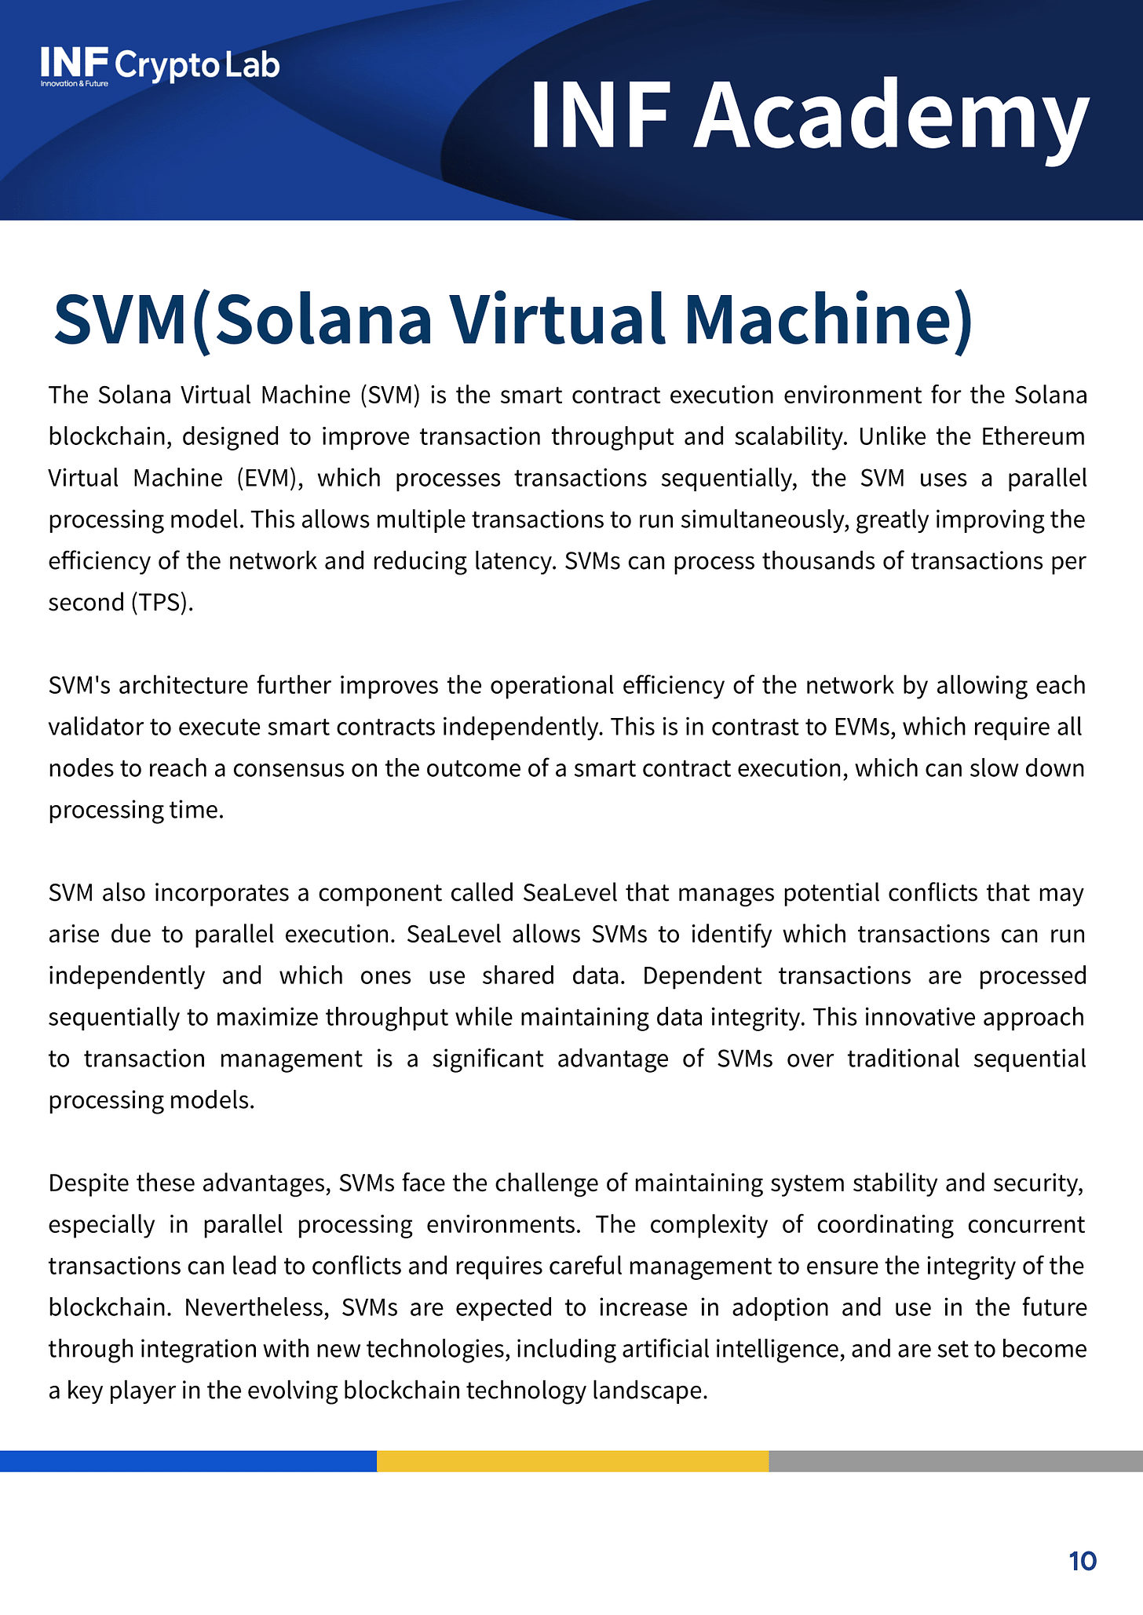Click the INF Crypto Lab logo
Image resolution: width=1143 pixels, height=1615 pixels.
pos(160,66)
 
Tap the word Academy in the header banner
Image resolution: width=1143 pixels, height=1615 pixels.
pos(891,116)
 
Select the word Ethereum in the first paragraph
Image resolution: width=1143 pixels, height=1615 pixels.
pos(1033,436)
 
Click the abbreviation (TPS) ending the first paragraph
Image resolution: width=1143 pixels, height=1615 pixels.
pos(162,603)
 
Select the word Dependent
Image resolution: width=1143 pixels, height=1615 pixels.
pos(702,975)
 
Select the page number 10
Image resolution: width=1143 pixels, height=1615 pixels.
pos(1082,1561)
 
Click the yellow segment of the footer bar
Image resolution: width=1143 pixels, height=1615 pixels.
pos(572,1460)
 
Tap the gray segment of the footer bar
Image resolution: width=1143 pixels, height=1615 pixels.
pos(955,1460)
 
